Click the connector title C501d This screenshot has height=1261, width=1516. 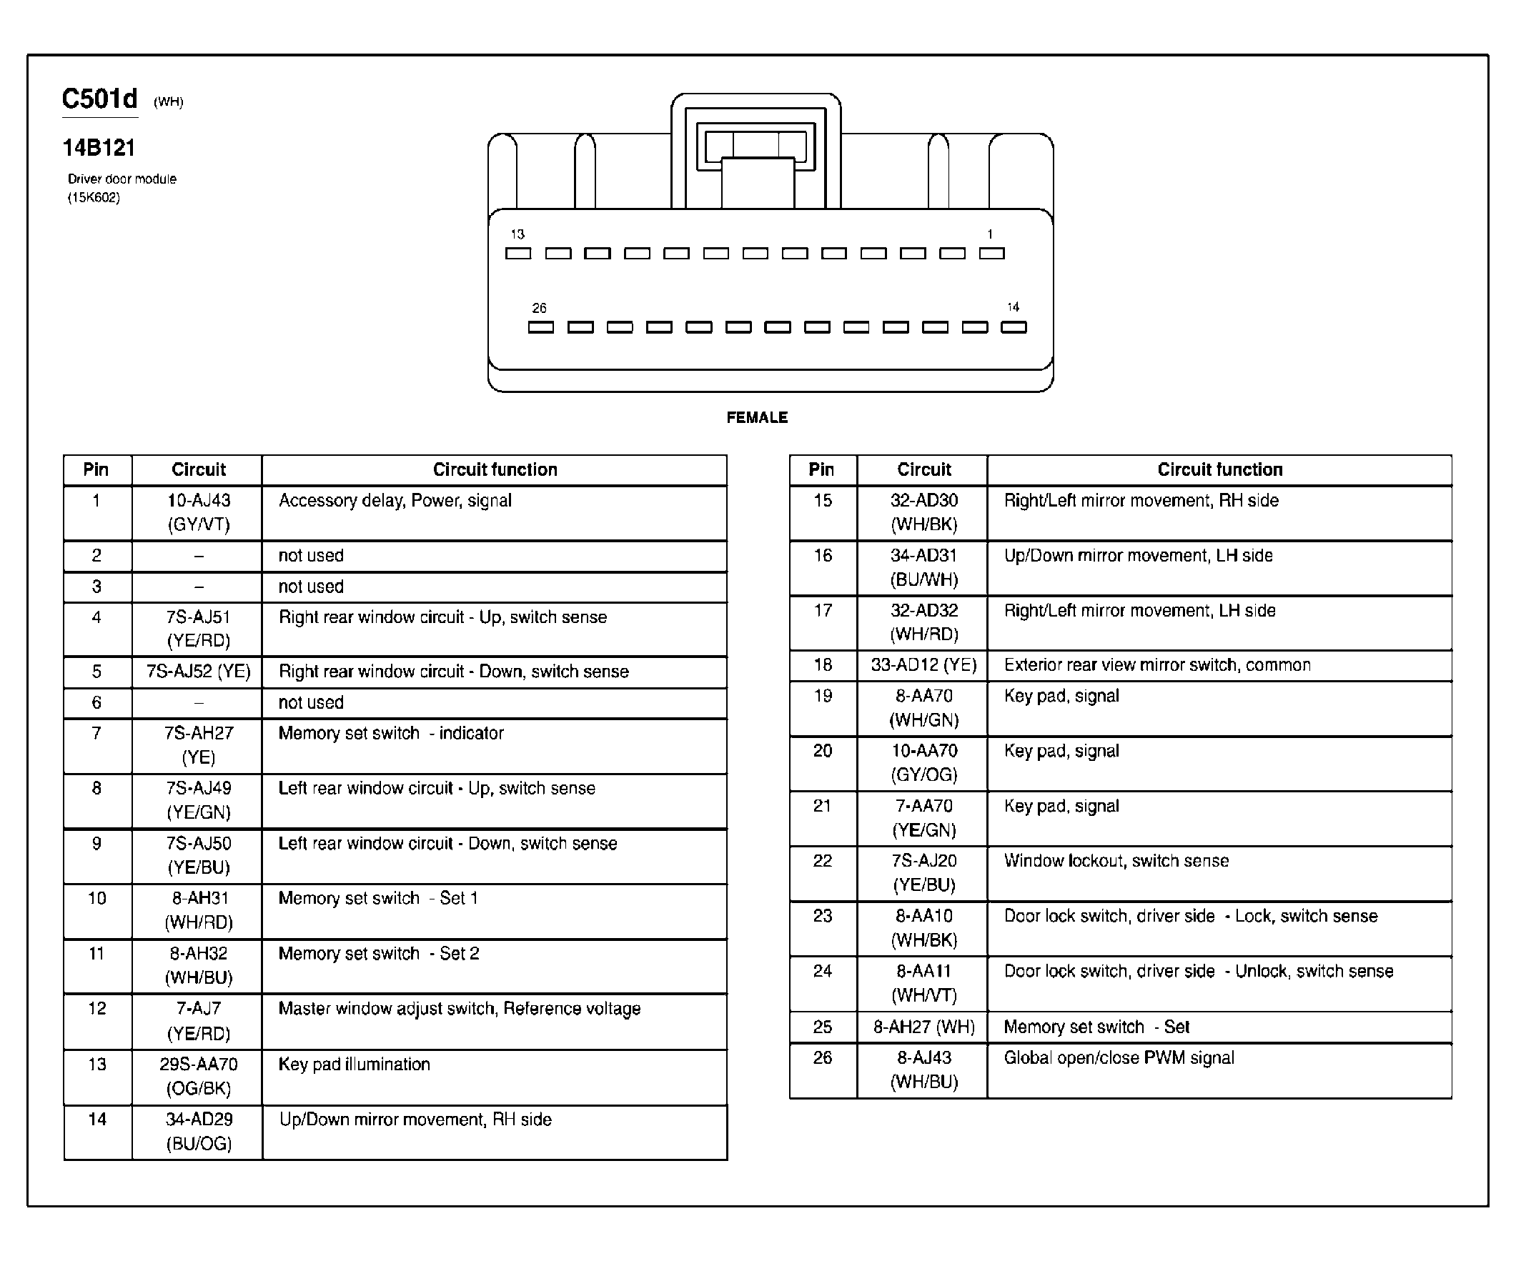[x=99, y=99]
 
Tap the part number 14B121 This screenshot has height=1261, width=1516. [x=99, y=148]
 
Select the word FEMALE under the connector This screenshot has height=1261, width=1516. [x=756, y=418]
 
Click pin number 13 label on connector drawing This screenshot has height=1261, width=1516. [x=517, y=234]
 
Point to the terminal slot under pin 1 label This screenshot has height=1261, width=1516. [x=991, y=253]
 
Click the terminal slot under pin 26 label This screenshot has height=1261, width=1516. [x=540, y=327]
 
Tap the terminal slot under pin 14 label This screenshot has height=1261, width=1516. [x=1014, y=327]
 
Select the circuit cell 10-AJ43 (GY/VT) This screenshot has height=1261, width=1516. [x=199, y=512]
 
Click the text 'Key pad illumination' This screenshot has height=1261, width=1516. [x=354, y=1064]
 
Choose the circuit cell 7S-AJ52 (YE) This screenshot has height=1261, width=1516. [x=199, y=672]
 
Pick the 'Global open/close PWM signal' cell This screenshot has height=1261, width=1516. [x=1119, y=1057]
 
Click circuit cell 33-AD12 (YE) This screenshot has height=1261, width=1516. [x=923, y=665]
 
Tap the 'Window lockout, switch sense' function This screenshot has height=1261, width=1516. [x=1116, y=861]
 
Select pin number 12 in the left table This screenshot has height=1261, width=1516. [x=97, y=1009]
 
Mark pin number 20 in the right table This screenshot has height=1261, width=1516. [x=823, y=751]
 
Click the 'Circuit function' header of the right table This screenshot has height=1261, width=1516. [x=1220, y=469]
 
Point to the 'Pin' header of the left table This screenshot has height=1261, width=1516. [x=96, y=469]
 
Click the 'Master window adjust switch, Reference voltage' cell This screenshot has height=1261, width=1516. [x=459, y=1009]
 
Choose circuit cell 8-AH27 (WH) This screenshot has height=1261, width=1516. [x=923, y=1027]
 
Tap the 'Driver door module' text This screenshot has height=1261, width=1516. [x=122, y=179]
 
